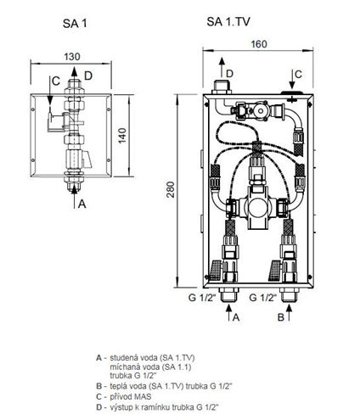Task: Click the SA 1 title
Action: pos(75,24)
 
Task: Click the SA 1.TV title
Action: pos(228,22)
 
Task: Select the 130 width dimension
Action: pos(72,57)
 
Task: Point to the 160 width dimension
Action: pos(259,44)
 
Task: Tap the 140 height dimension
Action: pos(122,136)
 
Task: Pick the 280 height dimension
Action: pos(170,189)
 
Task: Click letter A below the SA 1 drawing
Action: pos(82,204)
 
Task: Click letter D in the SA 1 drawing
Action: pos(88,76)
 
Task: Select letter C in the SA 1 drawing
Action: pos(56,81)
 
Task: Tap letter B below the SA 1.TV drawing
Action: pos(280,317)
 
